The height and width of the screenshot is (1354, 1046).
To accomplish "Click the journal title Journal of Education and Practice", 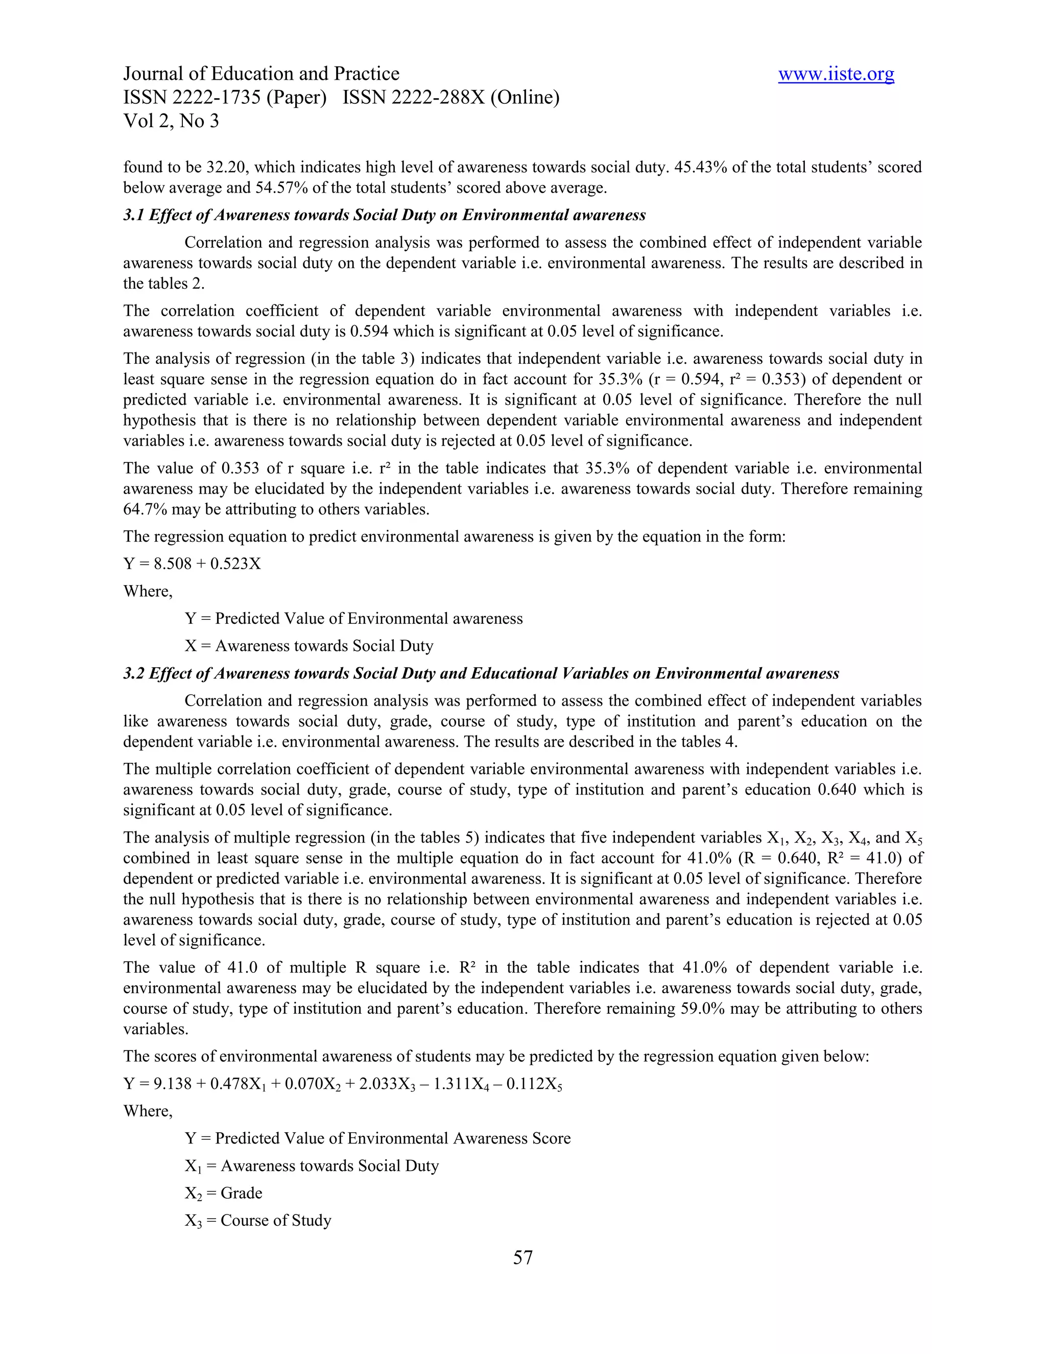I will click(261, 74).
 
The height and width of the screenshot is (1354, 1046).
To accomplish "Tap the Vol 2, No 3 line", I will click(171, 121).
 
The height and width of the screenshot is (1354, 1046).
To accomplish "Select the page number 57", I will click(522, 1257).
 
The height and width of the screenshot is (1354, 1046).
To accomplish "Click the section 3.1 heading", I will click(384, 215).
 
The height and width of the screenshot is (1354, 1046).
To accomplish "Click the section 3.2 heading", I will click(481, 673).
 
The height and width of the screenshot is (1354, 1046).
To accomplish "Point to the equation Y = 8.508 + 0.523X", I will click(192, 564).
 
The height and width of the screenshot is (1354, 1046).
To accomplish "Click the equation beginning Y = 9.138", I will click(343, 1084).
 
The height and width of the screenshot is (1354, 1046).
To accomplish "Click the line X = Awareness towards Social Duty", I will click(308, 646).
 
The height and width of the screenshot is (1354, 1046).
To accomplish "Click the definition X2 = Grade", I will click(223, 1194).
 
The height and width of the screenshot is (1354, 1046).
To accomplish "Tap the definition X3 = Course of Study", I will click(258, 1221).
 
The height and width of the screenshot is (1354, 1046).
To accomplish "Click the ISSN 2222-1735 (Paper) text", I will click(224, 97).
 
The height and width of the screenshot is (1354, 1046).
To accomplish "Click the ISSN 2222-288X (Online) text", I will click(450, 97).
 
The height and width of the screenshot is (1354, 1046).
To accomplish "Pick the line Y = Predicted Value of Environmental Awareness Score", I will click(377, 1138).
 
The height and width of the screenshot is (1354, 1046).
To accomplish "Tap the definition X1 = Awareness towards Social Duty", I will click(312, 1166).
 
